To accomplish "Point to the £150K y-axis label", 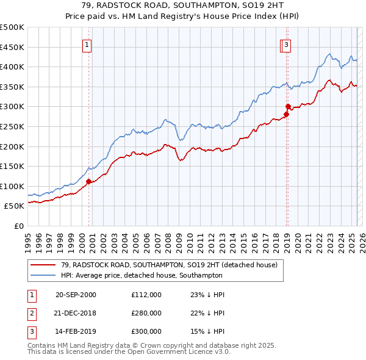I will pyautogui.click(x=12, y=166).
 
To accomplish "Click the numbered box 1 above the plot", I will pyautogui.click(x=88, y=44).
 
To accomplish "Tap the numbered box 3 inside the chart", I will pyautogui.click(x=286, y=44).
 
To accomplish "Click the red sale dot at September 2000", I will pyautogui.click(x=88, y=181).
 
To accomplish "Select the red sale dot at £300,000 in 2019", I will pyautogui.click(x=288, y=107).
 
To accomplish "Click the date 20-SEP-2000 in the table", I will pyautogui.click(x=76, y=295).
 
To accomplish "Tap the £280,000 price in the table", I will pyautogui.click(x=146, y=313).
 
